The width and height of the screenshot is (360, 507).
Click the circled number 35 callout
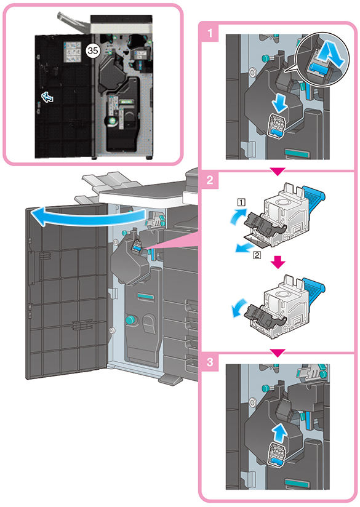[x=92, y=50]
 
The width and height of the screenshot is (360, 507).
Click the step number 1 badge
[x=210, y=33]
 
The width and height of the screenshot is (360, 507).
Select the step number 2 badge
[x=210, y=180]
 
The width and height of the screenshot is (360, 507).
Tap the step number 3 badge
[x=210, y=362]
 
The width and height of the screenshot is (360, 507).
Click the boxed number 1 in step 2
[x=242, y=202]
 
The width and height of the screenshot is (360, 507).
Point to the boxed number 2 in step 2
[x=257, y=255]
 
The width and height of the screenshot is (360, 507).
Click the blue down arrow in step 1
[x=279, y=104]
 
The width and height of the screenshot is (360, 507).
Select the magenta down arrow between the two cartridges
[x=278, y=263]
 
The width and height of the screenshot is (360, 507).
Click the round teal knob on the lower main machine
[x=130, y=320]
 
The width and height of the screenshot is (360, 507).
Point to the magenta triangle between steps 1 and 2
[x=278, y=172]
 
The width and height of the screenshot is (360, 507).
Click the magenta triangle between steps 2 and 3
[x=278, y=353]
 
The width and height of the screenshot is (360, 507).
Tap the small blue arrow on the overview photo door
[x=47, y=97]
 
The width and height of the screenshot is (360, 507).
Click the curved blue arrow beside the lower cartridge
[x=238, y=309]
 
